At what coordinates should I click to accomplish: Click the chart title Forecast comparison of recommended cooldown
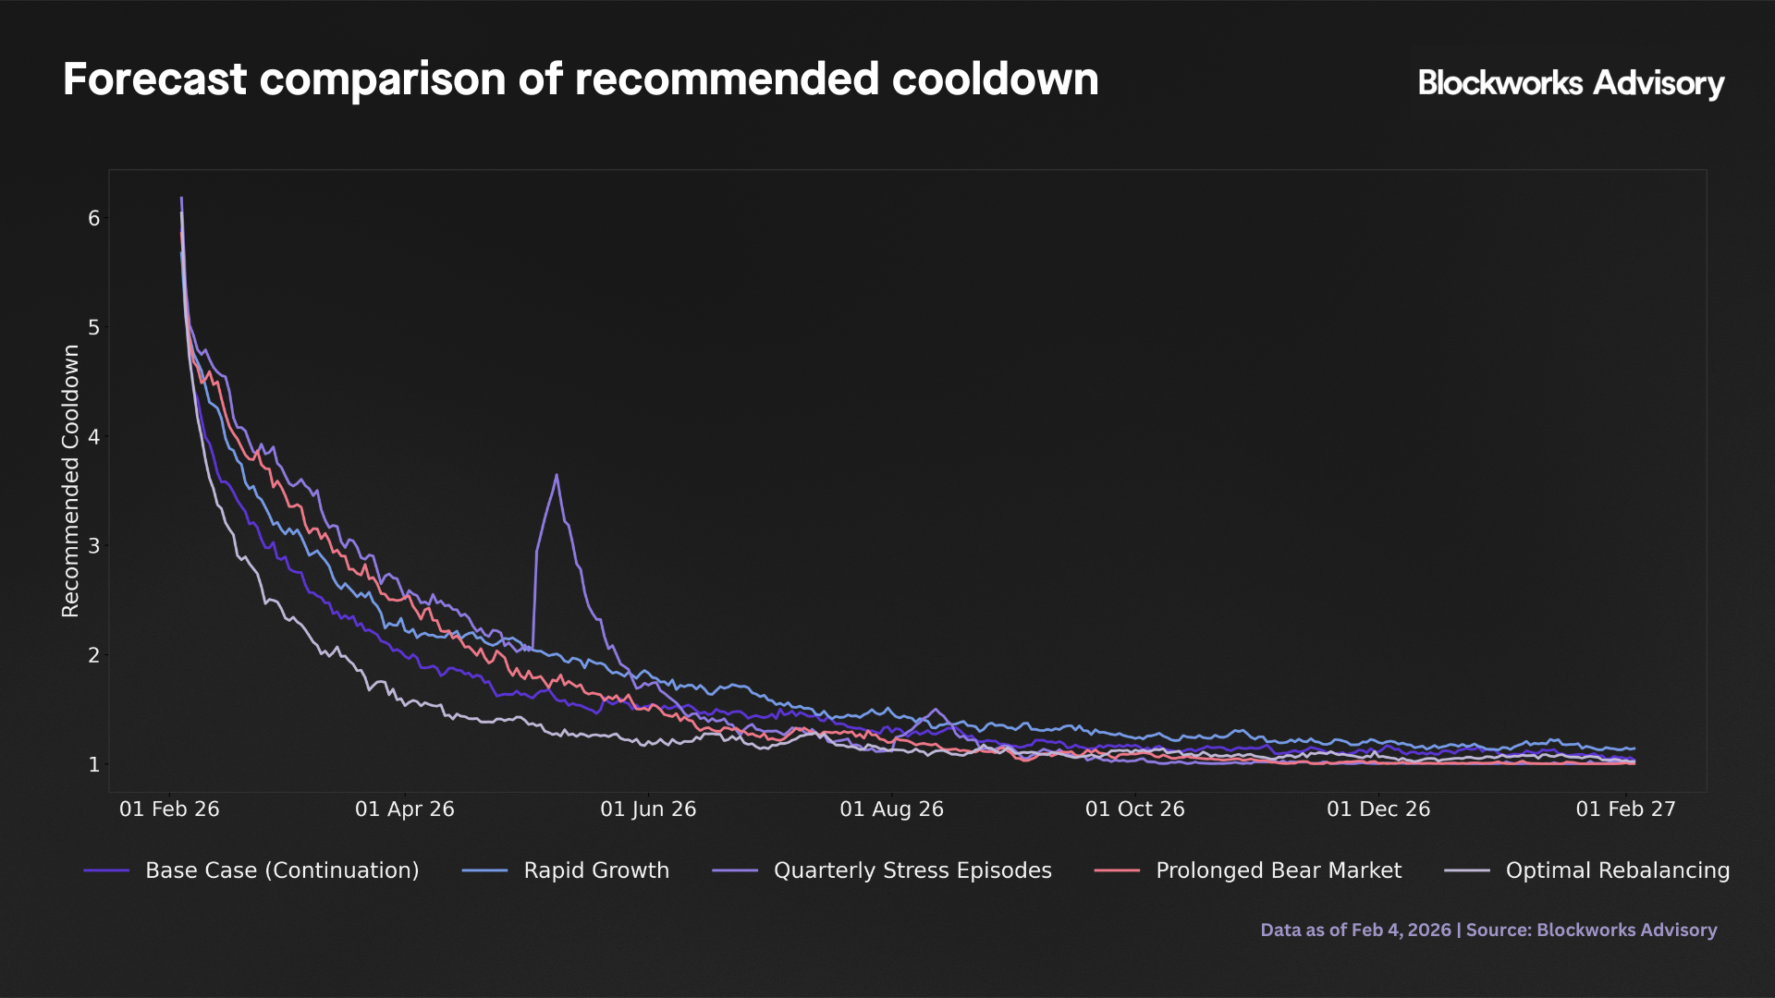pos(581,79)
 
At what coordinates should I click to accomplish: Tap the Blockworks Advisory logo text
pos(1571,83)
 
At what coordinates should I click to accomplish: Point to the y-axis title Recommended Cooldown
pos(71,481)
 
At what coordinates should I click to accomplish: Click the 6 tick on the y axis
pos(94,218)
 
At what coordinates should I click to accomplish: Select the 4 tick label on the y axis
pos(94,436)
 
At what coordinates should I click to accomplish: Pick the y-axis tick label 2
pos(94,655)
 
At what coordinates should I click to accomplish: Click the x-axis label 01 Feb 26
pos(169,809)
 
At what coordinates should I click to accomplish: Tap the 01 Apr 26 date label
pos(405,809)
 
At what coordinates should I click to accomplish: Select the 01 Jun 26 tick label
pos(648,809)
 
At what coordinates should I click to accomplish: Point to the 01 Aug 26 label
pos(891,809)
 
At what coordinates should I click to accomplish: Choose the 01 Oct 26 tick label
pos(1134,809)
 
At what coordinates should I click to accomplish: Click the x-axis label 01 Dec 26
pos(1378,809)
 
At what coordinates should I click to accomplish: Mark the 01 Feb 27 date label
pos(1625,809)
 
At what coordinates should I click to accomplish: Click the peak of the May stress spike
pos(557,475)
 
